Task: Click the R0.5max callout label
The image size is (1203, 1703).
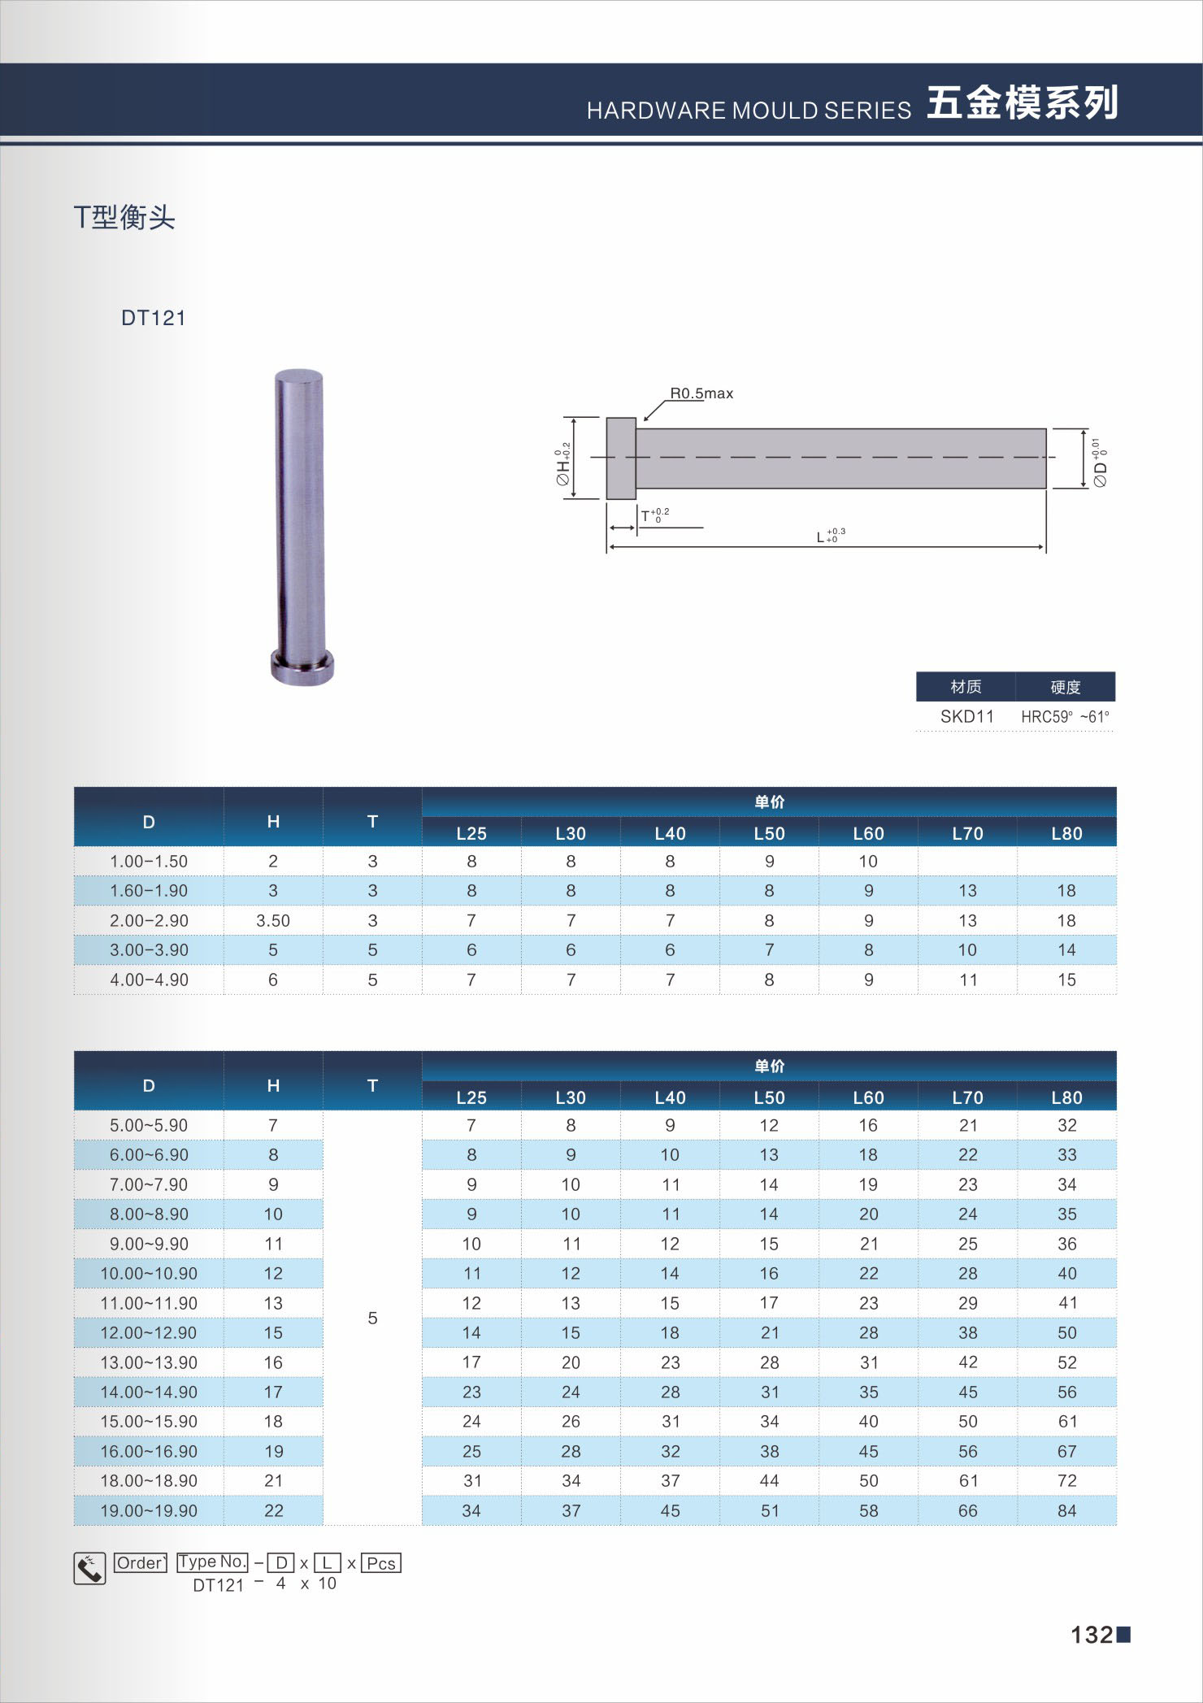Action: coord(701,393)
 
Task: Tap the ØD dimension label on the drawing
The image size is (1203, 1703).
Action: coord(1100,463)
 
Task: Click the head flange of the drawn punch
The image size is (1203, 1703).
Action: coord(621,458)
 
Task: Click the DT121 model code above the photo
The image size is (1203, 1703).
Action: coord(154,318)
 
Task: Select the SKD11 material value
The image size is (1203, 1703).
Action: coord(966,716)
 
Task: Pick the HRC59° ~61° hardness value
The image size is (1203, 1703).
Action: coord(1065,716)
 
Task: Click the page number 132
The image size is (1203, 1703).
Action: coord(1092,1635)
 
